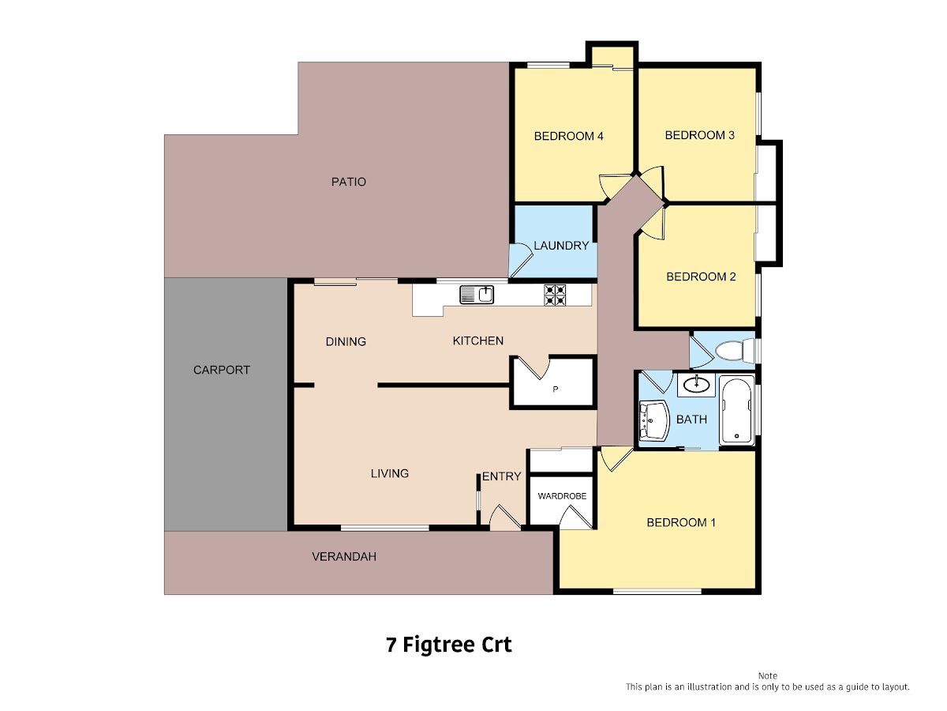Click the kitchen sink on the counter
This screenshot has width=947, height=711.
click(477, 295)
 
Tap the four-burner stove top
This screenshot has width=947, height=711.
click(555, 295)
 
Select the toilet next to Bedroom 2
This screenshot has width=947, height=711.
click(734, 351)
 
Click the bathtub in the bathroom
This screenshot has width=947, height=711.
click(736, 410)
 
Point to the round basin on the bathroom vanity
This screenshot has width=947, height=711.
click(696, 384)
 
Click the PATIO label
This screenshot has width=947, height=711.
click(349, 182)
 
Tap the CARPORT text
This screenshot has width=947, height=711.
click(221, 370)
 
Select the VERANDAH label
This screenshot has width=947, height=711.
click(344, 556)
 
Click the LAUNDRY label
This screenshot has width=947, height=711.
click(561, 246)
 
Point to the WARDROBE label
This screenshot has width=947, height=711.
click(562, 496)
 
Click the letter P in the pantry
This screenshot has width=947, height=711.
click(556, 389)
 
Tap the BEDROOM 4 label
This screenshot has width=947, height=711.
click(569, 136)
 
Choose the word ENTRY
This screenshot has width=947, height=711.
click(501, 476)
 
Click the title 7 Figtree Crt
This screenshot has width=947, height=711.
click(449, 645)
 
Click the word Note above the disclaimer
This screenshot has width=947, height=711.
click(768, 675)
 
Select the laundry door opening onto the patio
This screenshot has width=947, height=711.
click(521, 261)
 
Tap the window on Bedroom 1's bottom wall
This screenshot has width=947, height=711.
click(657, 592)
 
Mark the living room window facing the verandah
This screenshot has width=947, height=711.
click(385, 528)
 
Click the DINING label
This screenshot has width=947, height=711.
click(346, 341)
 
